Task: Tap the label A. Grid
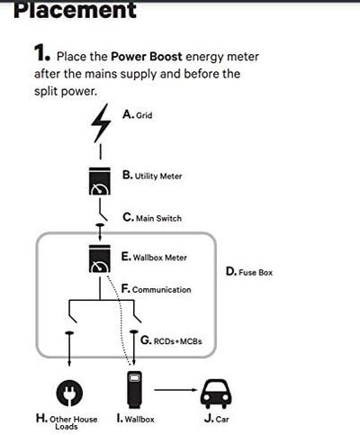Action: pyautogui.click(x=137, y=115)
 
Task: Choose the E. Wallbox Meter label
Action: pyautogui.click(x=154, y=257)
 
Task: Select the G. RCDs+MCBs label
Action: pyautogui.click(x=169, y=340)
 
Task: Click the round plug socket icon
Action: pyautogui.click(x=71, y=391)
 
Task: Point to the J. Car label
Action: pyautogui.click(x=216, y=418)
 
